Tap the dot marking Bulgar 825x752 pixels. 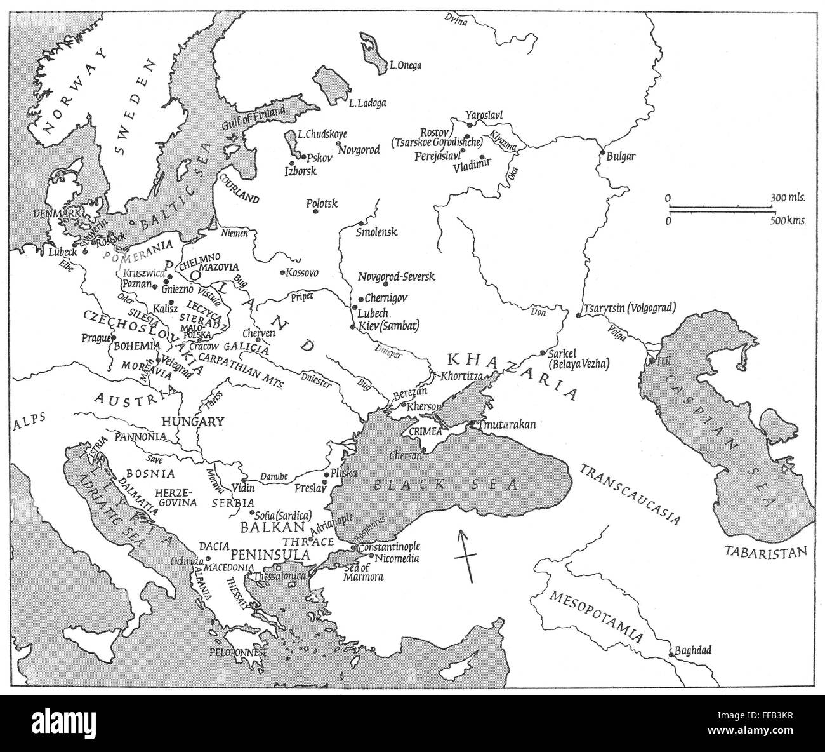click(x=602, y=153)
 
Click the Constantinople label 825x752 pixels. click(x=389, y=546)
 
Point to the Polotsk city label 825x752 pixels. click(x=322, y=203)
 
